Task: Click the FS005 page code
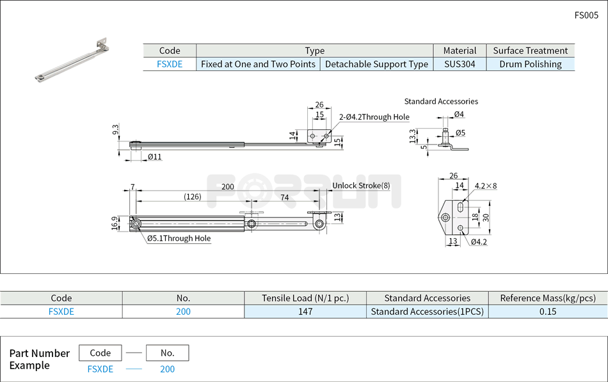[586, 15]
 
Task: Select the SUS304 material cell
[460, 64]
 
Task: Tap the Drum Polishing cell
[530, 64]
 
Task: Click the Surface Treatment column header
[530, 51]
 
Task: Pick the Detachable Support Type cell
[376, 64]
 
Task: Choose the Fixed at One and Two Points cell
[258, 64]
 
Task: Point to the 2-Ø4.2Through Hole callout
[374, 117]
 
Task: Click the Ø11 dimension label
[154, 157]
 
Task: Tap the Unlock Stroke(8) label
[361, 186]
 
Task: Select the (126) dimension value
[192, 197]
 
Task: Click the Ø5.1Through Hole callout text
[179, 239]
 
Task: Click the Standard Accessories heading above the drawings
[441, 101]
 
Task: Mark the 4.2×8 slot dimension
[486, 186]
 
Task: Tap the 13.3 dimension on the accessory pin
[413, 136]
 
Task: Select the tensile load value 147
[305, 312]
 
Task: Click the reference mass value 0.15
[547, 312]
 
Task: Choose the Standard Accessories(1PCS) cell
[427, 312]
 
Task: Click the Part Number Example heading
[40, 359]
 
